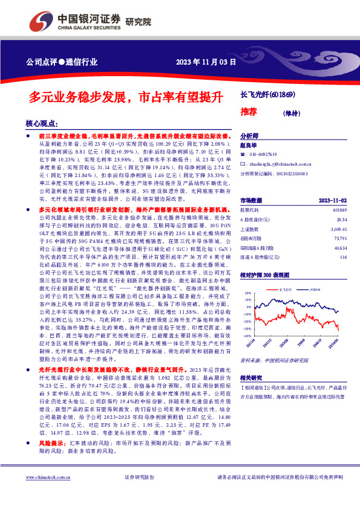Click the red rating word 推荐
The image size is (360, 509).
coord(249,111)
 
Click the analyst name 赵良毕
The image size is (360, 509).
coord(249,145)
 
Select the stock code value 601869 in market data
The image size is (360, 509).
coord(340,209)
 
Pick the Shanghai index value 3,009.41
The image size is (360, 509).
coord(338,229)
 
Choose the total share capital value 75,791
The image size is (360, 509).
coord(340,239)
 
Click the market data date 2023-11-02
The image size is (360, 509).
coord(333,199)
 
